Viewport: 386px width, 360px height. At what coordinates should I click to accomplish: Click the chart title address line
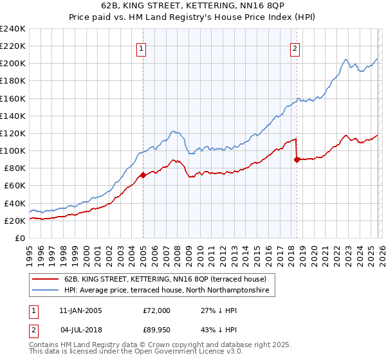click(192, 6)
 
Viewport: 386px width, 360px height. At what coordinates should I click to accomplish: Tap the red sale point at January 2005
click(143, 175)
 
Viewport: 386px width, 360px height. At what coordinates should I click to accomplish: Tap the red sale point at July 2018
click(297, 159)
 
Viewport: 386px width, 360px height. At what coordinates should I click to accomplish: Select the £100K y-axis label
click(13, 150)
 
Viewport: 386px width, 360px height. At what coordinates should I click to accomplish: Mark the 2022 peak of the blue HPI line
click(345, 60)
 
